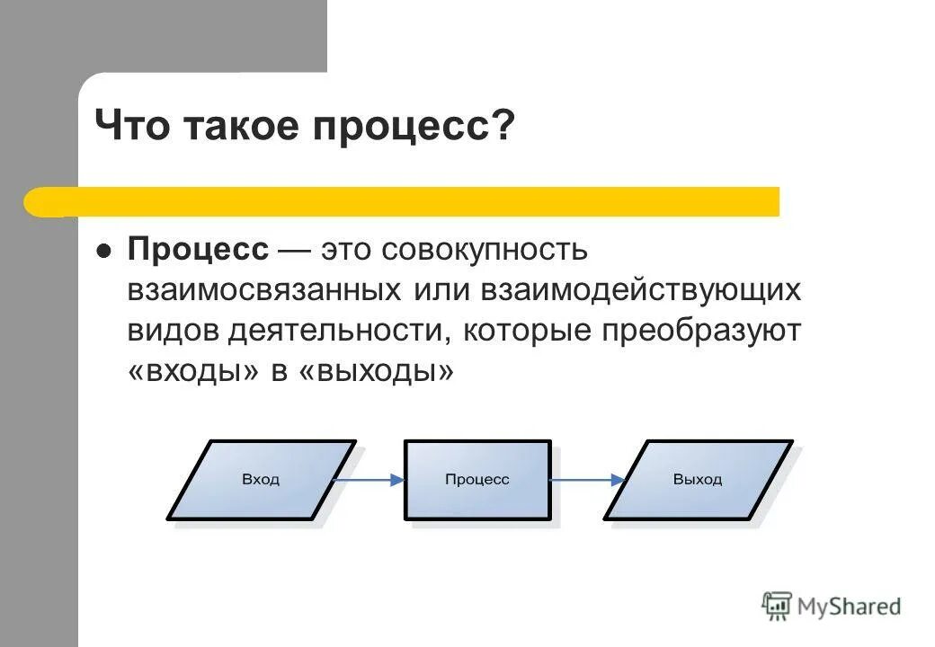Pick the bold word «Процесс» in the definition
tap(198, 249)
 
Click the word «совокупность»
tap(485, 249)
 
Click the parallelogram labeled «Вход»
tap(261, 480)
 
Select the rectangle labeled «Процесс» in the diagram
tap(477, 480)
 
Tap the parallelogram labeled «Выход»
tap(698, 480)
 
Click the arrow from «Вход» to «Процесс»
tap(369, 480)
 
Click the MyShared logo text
tap(850, 606)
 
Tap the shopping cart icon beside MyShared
tap(777, 606)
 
